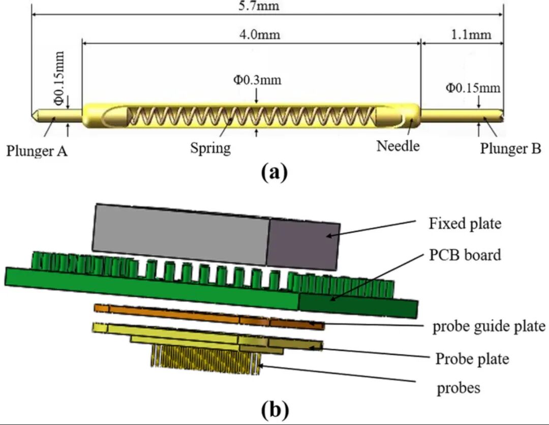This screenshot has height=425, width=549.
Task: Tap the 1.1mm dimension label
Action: (472, 35)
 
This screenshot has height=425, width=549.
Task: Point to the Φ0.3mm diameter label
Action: (257, 80)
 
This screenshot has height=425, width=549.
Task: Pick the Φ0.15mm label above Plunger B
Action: (473, 88)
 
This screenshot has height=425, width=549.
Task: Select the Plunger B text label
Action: (510, 149)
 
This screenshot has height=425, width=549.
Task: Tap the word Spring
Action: (210, 148)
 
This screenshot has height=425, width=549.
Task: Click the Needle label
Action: (398, 146)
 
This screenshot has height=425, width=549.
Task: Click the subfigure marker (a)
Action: (274, 172)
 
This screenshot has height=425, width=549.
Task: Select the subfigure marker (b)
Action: (274, 408)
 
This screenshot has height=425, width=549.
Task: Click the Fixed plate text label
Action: (465, 224)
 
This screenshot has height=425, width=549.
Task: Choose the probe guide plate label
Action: (489, 326)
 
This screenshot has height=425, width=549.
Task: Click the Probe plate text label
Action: (472, 359)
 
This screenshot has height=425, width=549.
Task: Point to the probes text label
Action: (459, 388)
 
